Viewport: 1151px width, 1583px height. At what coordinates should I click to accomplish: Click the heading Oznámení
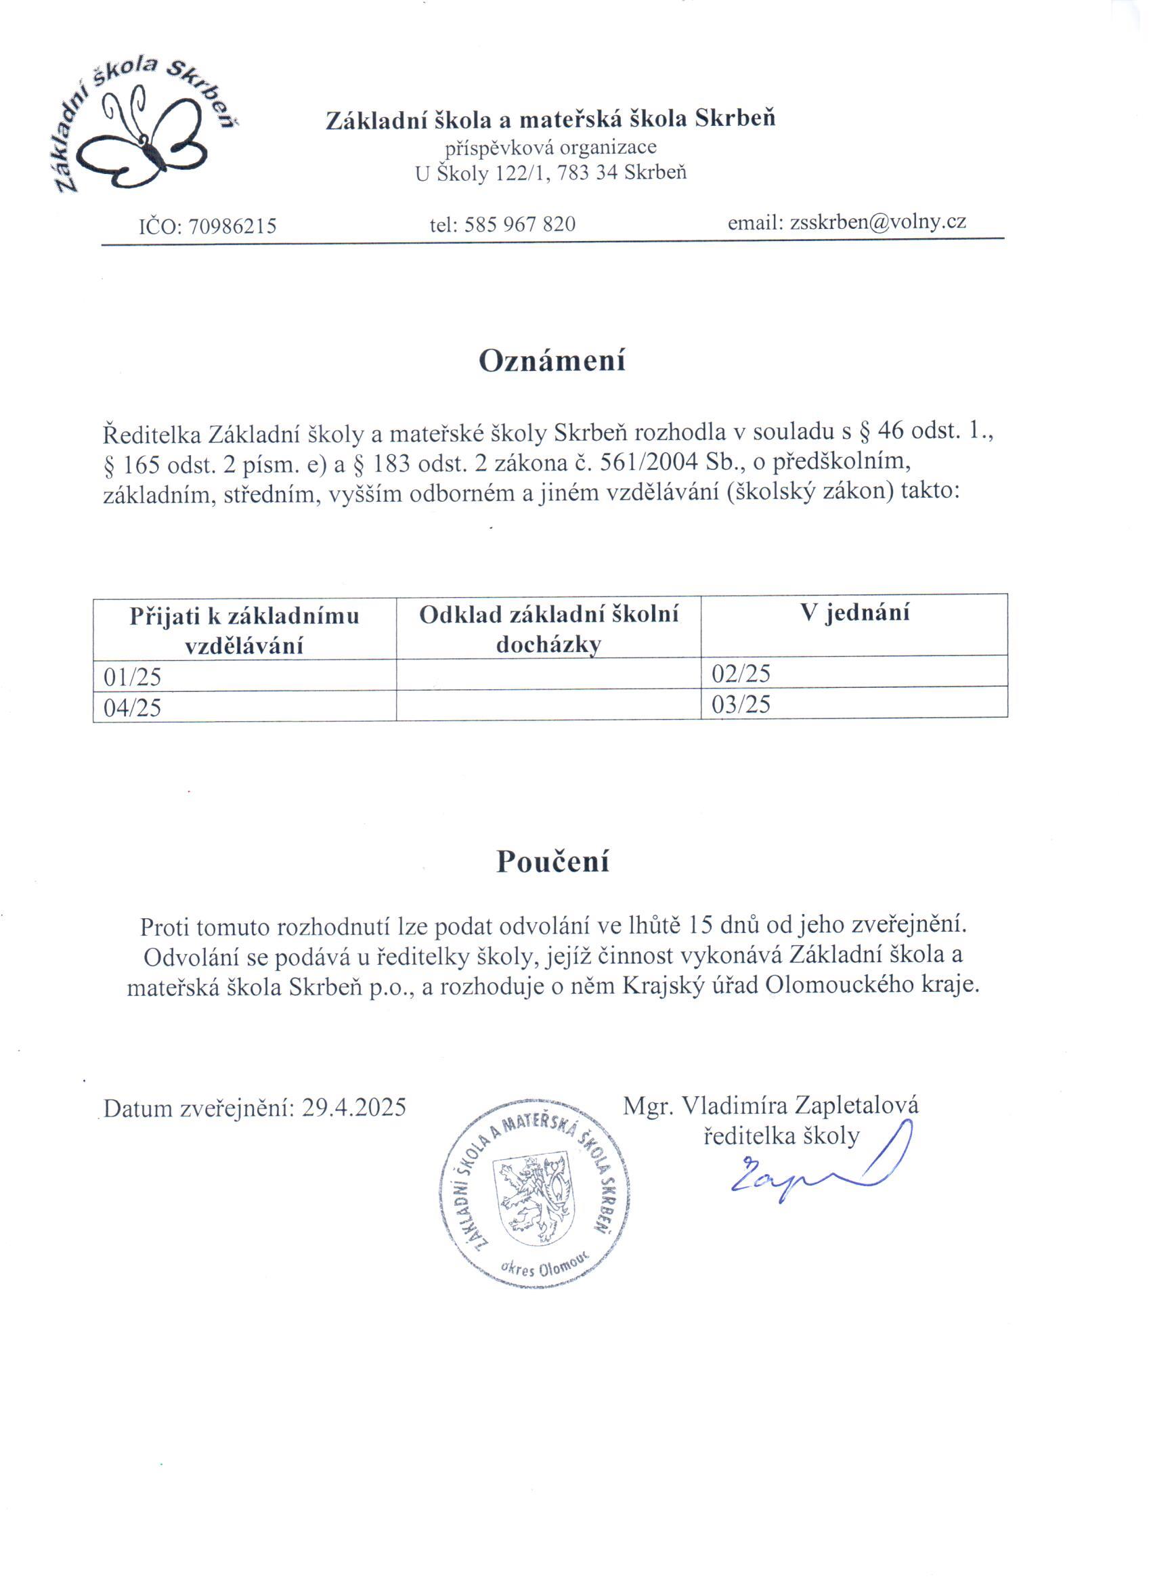point(551,361)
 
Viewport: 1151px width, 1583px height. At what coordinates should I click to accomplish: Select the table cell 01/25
point(132,676)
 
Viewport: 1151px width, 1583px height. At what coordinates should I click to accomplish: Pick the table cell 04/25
point(132,708)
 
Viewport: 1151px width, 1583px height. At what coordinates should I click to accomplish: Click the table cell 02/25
point(741,673)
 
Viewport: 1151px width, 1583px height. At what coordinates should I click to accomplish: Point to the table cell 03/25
point(741,703)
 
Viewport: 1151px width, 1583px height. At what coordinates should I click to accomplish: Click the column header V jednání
point(854,613)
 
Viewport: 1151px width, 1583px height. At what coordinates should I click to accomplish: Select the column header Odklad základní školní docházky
point(548,629)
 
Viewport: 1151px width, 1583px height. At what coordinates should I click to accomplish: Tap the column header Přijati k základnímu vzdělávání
point(244,630)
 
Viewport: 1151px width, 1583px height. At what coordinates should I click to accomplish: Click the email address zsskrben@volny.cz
point(877,222)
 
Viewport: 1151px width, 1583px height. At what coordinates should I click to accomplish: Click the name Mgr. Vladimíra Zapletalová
point(770,1105)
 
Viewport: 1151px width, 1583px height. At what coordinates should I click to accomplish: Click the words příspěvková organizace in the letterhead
point(550,148)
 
